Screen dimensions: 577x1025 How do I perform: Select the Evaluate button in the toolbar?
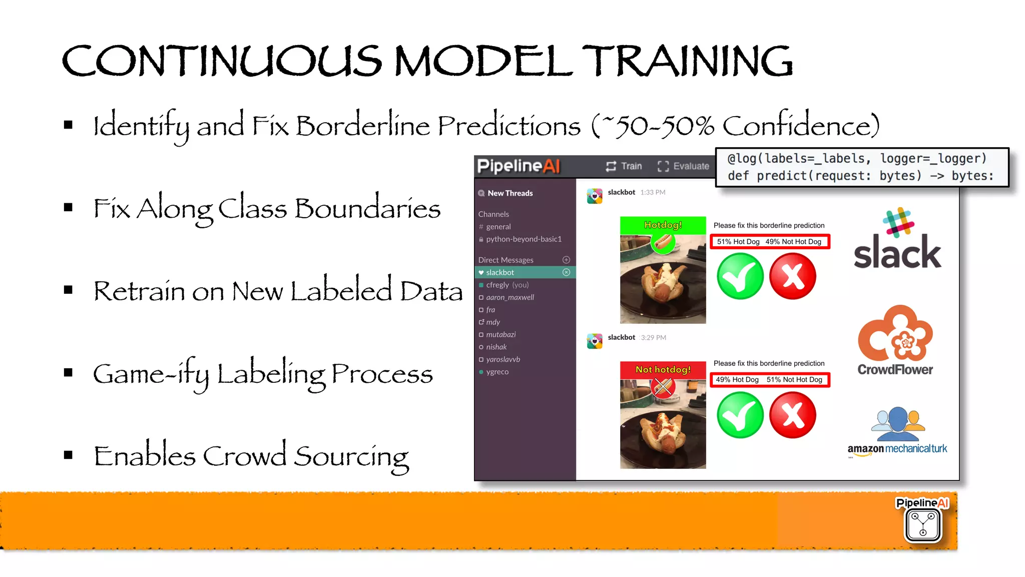coord(684,166)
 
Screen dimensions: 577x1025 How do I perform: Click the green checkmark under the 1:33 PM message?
coord(740,276)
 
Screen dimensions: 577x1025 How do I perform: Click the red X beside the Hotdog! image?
coord(793,276)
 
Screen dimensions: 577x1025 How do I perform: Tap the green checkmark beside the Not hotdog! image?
coord(740,415)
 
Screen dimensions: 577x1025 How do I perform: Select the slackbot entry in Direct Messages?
coord(500,272)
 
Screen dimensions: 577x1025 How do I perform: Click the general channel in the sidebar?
coord(498,227)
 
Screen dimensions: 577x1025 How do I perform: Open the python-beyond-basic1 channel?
coord(524,239)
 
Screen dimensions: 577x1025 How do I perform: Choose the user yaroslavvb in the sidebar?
coord(503,359)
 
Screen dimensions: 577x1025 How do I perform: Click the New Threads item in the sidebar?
coord(510,193)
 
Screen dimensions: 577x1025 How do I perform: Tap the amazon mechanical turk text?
coord(897,449)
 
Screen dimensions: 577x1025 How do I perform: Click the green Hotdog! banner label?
coord(663,225)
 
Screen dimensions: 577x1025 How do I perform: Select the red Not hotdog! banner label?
coord(663,369)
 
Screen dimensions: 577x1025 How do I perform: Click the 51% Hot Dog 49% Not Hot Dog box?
coord(769,242)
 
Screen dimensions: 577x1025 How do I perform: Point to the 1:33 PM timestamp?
coord(653,192)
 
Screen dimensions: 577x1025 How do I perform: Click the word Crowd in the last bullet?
coord(244,456)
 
